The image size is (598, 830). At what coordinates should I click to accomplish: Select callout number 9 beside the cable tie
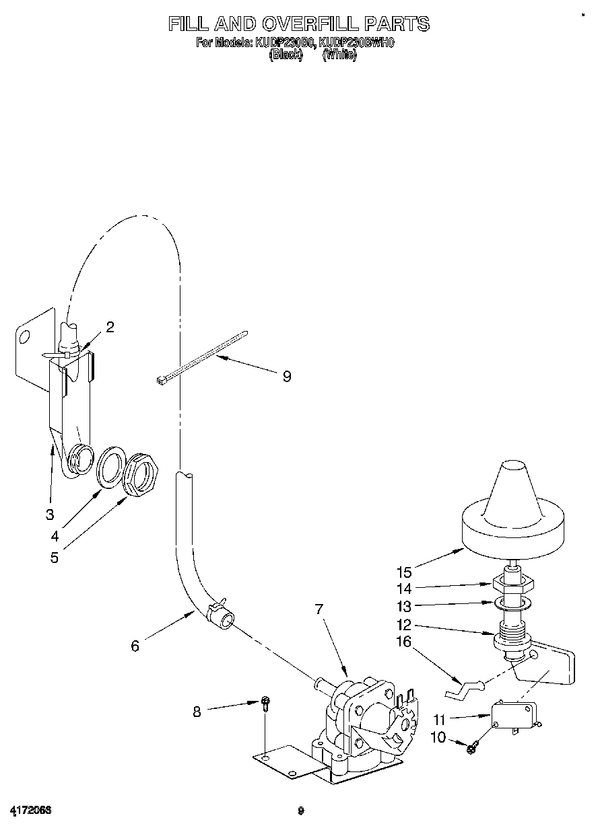point(287,377)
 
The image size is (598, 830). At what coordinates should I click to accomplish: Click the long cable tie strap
point(202,356)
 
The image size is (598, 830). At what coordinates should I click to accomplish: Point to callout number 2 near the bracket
point(110,327)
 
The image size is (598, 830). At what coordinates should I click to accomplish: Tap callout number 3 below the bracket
point(49,515)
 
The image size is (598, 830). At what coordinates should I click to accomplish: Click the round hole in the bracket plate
point(24,338)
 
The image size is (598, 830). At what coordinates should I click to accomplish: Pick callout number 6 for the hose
point(135,646)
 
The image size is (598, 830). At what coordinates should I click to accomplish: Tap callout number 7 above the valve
point(319,609)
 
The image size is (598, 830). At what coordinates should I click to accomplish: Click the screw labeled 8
point(266,704)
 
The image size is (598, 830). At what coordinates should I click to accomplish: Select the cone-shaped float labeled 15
point(512,511)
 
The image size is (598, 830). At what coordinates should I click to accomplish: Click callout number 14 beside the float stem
point(404,588)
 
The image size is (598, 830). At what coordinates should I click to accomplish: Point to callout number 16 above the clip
point(404,641)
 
